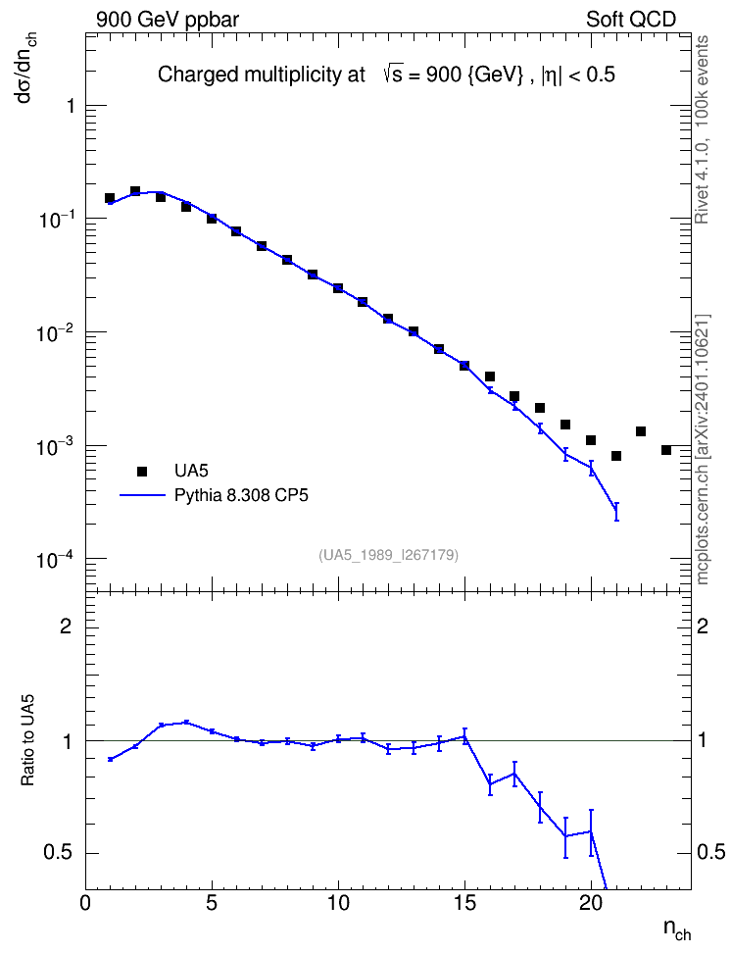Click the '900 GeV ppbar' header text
(x=168, y=20)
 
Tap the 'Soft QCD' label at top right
(x=631, y=20)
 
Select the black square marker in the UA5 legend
(x=142, y=471)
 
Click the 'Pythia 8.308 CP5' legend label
(x=241, y=495)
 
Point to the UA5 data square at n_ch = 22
(x=641, y=431)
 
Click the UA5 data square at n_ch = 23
(x=666, y=450)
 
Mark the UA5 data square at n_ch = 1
(x=110, y=198)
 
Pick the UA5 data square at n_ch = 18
(x=540, y=408)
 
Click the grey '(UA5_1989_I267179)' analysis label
(x=388, y=555)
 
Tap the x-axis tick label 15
(x=464, y=904)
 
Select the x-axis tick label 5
(x=212, y=904)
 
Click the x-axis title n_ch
(x=676, y=928)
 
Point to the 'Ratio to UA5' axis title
(x=28, y=741)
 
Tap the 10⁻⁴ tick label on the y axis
(x=55, y=558)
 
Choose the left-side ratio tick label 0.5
(x=59, y=853)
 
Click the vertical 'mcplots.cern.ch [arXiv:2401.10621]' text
(x=703, y=449)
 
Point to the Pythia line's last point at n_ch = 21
(x=616, y=512)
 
